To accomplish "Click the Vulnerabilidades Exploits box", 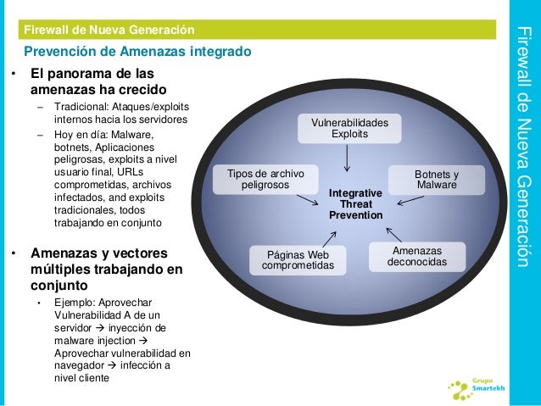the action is pyautogui.click(x=349, y=129).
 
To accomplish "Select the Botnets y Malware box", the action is pyautogui.click(x=436, y=179).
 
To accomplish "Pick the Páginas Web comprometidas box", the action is pyautogui.click(x=298, y=260).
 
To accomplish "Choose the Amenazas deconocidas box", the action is pyautogui.click(x=417, y=256).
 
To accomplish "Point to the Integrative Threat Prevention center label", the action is pyautogui.click(x=356, y=204).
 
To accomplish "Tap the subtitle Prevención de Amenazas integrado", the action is pyautogui.click(x=137, y=52).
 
